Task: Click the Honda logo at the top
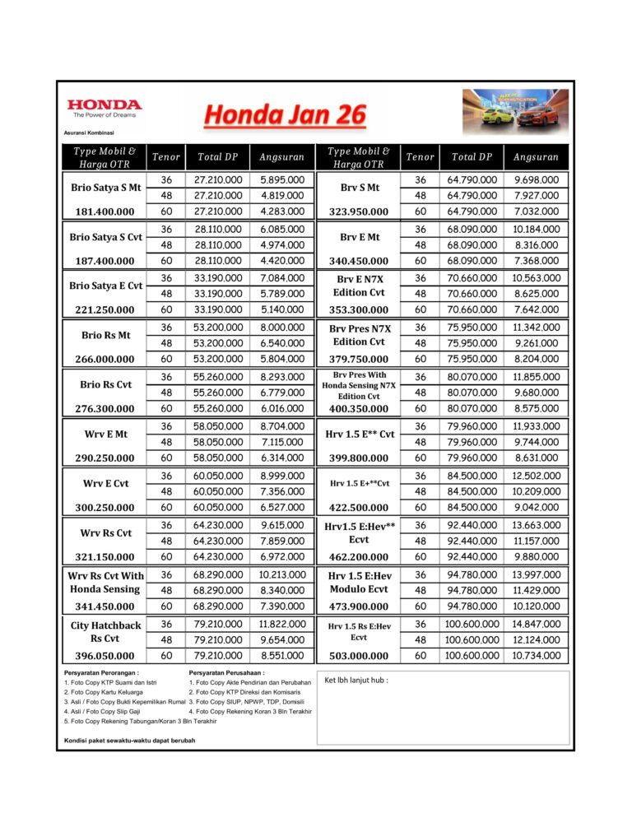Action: coord(104,109)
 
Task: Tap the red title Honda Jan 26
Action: coord(285,114)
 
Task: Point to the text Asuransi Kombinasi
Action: coord(89,132)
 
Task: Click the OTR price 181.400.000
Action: coord(104,211)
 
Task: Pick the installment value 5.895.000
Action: coord(281,179)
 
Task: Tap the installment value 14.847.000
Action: coord(536,624)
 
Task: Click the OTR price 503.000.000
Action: coord(358,656)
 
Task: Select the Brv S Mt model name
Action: coord(358,188)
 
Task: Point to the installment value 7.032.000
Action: coord(536,211)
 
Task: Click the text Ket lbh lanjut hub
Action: coord(356,680)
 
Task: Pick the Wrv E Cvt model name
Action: coord(105,484)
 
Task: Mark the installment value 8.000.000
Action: coord(281,328)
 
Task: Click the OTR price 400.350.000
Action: coord(358,409)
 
